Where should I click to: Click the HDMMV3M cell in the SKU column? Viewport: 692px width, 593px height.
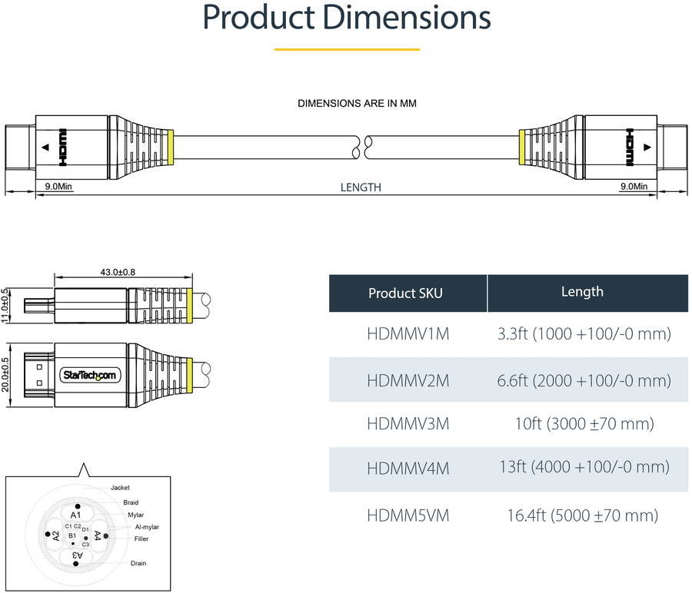[408, 424]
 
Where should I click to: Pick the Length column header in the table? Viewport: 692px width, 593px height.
[582, 292]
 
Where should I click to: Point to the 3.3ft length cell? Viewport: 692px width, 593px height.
[582, 334]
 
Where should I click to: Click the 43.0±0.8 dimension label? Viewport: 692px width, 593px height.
[118, 272]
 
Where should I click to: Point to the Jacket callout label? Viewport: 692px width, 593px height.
[120, 488]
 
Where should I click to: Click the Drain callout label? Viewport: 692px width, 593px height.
[138, 563]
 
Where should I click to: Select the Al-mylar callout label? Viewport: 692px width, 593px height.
[147, 527]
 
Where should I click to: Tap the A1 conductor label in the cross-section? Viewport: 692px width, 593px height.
[75, 515]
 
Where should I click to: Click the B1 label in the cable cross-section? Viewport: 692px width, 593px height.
[72, 535]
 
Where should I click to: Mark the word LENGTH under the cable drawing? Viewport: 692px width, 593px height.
[361, 187]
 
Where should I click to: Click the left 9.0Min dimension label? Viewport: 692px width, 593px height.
[58, 186]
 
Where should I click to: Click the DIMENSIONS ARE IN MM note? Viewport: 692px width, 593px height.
[357, 102]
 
